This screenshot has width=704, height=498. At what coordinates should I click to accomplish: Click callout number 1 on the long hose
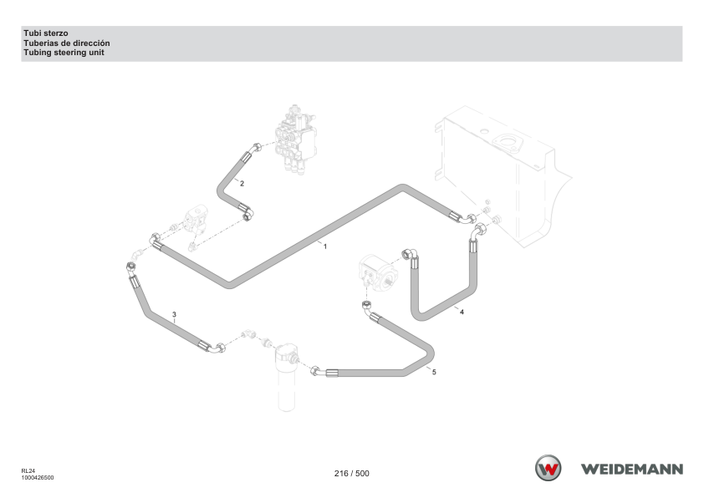tap(325, 246)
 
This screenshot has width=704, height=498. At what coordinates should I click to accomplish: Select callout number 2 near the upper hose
tap(242, 184)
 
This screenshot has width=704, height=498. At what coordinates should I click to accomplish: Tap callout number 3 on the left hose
tap(174, 314)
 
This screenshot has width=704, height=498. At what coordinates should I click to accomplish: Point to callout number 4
tap(462, 312)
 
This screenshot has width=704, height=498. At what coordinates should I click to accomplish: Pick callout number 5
tap(434, 372)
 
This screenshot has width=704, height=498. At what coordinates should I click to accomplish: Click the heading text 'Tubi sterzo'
tap(46, 33)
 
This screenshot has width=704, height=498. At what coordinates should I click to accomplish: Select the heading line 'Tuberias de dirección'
tap(67, 43)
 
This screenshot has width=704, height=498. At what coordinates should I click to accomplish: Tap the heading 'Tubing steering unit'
tap(64, 53)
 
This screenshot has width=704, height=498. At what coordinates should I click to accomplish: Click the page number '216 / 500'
tap(351, 473)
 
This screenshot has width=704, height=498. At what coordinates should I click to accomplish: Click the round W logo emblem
tap(548, 469)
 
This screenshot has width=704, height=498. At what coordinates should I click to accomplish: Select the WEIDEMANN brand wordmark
tap(632, 470)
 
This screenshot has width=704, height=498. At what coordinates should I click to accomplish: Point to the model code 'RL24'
tap(28, 471)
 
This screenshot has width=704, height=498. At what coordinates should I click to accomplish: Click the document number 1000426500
tap(38, 478)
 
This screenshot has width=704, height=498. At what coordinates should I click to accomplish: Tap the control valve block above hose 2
tap(296, 139)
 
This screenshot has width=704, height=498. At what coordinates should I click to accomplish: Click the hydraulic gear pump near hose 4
tap(378, 272)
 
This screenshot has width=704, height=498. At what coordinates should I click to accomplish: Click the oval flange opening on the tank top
tap(508, 143)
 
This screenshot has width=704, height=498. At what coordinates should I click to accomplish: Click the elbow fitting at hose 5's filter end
tap(316, 371)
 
